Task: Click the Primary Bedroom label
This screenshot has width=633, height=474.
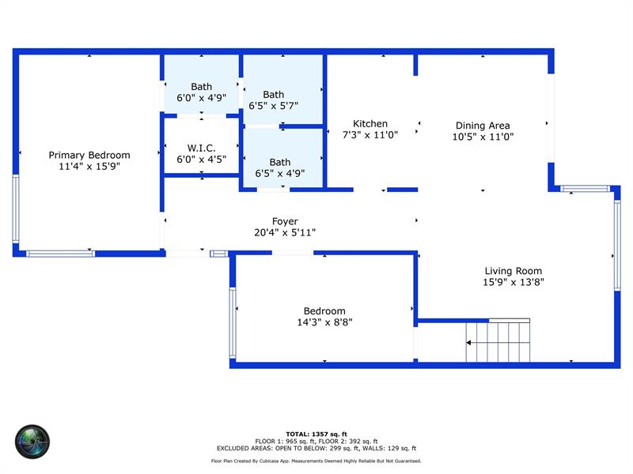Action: pyautogui.click(x=89, y=155)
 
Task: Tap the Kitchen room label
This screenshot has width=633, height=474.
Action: pyautogui.click(x=370, y=124)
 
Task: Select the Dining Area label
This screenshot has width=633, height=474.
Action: pyautogui.click(x=483, y=126)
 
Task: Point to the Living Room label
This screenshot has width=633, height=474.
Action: pyautogui.click(x=513, y=271)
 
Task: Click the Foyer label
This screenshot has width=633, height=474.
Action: pyautogui.click(x=285, y=221)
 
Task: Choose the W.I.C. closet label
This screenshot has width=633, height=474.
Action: pyautogui.click(x=201, y=148)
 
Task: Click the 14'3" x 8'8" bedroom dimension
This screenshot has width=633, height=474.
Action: pyautogui.click(x=324, y=322)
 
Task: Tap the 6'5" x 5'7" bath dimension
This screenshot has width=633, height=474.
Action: pyautogui.click(x=273, y=106)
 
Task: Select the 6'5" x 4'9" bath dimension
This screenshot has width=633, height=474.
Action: pyautogui.click(x=280, y=173)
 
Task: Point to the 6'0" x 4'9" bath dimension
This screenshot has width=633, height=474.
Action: pyautogui.click(x=201, y=97)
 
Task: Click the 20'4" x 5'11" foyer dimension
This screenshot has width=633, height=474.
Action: pyautogui.click(x=285, y=232)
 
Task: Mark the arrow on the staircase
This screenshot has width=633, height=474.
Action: pyautogui.click(x=498, y=343)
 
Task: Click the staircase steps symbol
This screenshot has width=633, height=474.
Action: pyautogui.click(x=498, y=341)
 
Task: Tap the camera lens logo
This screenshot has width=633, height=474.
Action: pyautogui.click(x=32, y=442)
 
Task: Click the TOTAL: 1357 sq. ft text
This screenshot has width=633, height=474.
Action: pyautogui.click(x=316, y=434)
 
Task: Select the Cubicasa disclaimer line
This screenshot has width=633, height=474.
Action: pyautogui.click(x=316, y=461)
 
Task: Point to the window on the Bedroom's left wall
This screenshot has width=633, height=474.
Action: pyautogui.click(x=233, y=322)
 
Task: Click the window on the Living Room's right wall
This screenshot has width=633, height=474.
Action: pyautogui.click(x=617, y=246)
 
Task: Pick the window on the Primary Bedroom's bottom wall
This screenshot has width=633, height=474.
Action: pyautogui.click(x=61, y=254)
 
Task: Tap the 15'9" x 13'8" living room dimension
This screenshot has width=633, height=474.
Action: pyautogui.click(x=513, y=282)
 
